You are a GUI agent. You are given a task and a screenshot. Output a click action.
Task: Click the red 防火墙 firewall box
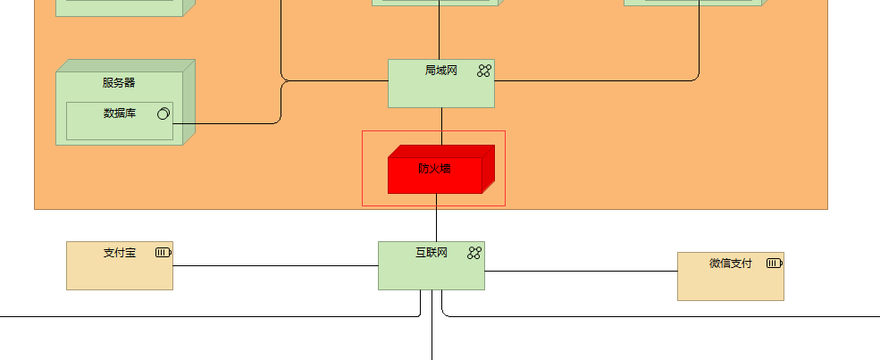click(x=435, y=174)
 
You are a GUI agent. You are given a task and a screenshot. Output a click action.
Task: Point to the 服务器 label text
click(x=119, y=83)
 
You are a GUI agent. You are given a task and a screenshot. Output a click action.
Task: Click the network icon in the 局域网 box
click(x=484, y=71)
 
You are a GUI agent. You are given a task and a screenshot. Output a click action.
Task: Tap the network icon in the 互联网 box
click(x=474, y=253)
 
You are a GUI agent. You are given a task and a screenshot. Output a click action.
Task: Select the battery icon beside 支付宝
click(x=163, y=253)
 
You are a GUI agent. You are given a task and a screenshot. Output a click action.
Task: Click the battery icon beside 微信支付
click(x=774, y=264)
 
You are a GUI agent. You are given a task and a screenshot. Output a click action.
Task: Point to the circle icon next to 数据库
click(x=163, y=113)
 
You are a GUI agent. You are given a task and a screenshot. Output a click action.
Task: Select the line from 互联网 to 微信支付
click(x=581, y=271)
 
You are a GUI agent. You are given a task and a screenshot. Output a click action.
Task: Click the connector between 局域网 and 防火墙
click(x=441, y=126)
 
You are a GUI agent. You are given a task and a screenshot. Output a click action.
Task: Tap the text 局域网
click(x=440, y=71)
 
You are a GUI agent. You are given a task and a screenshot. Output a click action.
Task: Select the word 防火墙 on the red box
click(x=434, y=168)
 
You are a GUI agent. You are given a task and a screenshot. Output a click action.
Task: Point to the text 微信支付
click(x=730, y=264)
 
